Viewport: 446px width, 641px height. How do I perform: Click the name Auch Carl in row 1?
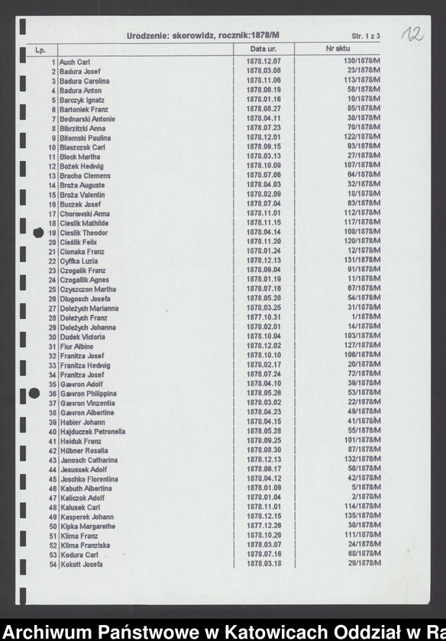76,62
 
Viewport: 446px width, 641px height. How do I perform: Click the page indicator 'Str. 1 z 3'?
366,36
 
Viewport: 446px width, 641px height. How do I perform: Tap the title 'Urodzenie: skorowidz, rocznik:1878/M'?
203,35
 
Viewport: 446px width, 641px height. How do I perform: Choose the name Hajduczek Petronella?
93,432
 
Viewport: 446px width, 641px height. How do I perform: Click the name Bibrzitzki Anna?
82,128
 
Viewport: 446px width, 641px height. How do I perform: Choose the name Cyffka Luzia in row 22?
79,261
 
